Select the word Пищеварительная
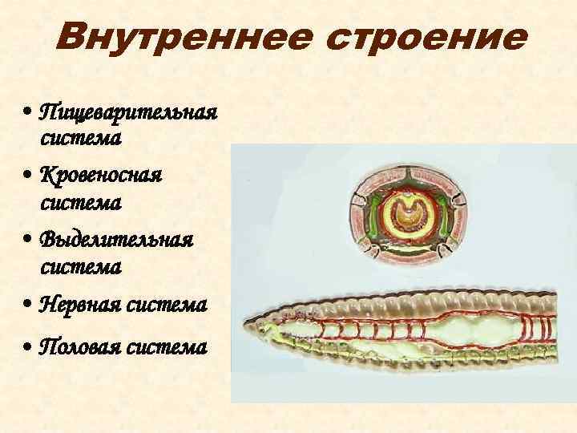point(128,110)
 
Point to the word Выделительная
point(115,240)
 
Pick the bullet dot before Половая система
point(28,349)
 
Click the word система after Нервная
point(171,306)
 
